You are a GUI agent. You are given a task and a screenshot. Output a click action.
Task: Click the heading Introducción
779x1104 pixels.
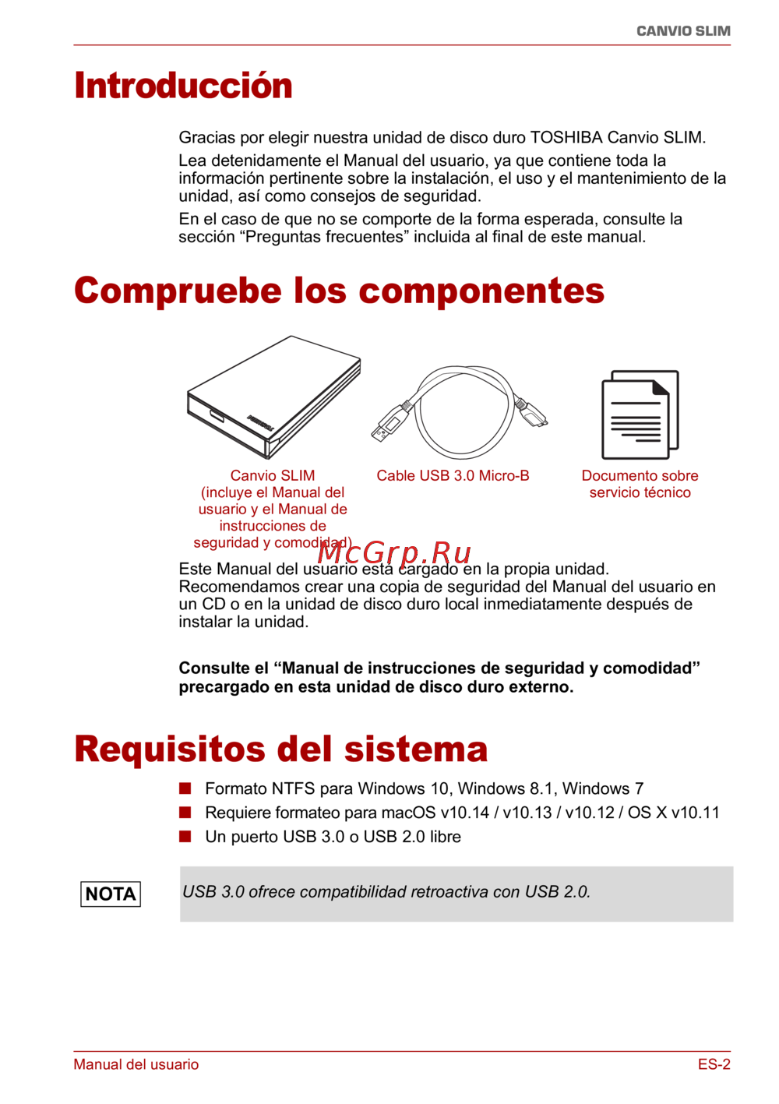(x=183, y=86)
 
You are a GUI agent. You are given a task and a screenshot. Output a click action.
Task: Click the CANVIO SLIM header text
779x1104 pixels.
(x=683, y=31)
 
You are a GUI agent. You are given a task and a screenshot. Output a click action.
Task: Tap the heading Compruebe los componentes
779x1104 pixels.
(x=339, y=291)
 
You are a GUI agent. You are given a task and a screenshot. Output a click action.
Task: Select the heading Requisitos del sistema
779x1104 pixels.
(x=280, y=750)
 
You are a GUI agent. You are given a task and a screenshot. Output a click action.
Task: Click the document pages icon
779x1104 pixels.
(x=640, y=414)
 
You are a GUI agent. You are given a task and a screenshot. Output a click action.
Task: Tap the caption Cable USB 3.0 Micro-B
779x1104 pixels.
(x=453, y=476)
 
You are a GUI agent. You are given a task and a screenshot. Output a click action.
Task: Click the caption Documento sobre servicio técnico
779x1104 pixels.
(x=640, y=484)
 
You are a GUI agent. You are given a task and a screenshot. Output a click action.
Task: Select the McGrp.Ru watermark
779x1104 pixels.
(x=394, y=552)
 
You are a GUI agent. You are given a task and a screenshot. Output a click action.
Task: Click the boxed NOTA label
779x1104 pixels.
(x=111, y=894)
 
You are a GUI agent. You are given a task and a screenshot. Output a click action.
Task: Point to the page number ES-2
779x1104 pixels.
(x=714, y=1064)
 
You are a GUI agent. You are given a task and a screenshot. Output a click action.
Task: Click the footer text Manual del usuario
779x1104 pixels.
(x=136, y=1064)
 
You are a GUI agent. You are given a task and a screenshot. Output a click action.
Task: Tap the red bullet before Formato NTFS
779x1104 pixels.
(x=185, y=788)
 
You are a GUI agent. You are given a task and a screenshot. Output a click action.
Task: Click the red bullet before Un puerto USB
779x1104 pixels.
(x=185, y=837)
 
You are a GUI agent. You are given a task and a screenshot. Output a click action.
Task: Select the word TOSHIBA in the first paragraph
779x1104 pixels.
(x=566, y=138)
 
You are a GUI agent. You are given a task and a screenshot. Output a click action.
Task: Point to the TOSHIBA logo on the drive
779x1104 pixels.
(x=259, y=422)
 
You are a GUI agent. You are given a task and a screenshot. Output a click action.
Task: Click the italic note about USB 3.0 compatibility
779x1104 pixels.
(x=386, y=892)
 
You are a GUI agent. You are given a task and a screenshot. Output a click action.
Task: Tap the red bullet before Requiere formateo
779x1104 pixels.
(x=185, y=813)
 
